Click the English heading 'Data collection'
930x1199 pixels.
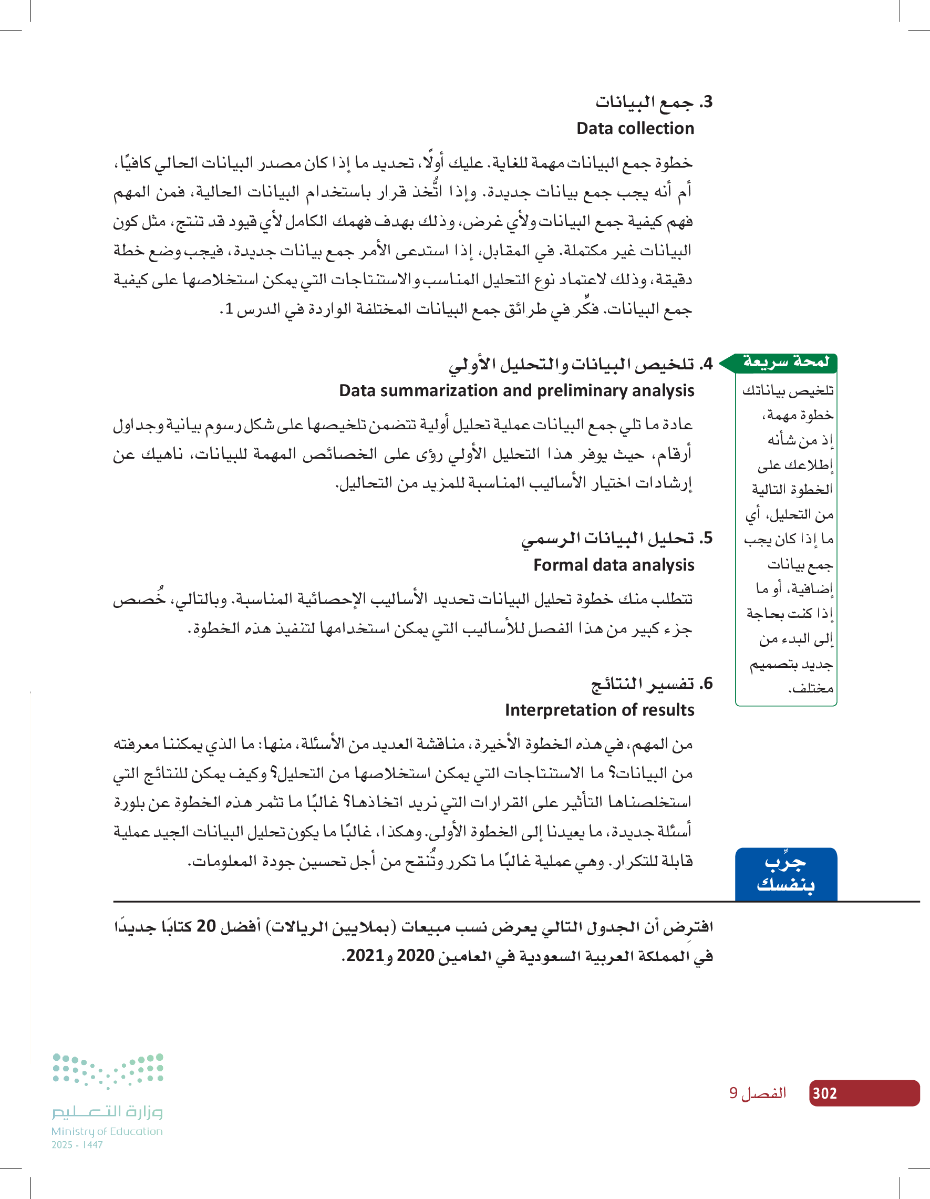(x=635, y=128)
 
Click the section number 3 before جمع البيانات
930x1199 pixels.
(x=707, y=101)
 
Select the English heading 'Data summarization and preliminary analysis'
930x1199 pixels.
(x=516, y=390)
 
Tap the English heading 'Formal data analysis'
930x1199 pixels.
(x=613, y=565)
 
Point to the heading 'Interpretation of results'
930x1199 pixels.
(x=599, y=710)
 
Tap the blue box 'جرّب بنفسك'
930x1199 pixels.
(x=786, y=874)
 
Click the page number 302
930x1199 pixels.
(x=824, y=1093)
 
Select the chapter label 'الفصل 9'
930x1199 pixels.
(x=757, y=1093)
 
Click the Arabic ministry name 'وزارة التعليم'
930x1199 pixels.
(x=108, y=1112)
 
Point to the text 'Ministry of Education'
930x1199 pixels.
(x=107, y=1131)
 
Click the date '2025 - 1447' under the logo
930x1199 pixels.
(x=77, y=1145)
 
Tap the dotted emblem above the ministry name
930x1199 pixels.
(x=108, y=1070)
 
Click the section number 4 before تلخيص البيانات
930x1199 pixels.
(x=707, y=364)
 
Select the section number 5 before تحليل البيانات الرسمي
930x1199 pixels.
(x=707, y=538)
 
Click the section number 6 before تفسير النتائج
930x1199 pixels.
(x=707, y=684)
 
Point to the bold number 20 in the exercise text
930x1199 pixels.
(x=206, y=926)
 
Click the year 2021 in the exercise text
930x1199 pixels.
(x=365, y=955)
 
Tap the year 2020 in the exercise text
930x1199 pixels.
(x=416, y=955)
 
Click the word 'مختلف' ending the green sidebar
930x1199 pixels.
(x=811, y=688)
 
